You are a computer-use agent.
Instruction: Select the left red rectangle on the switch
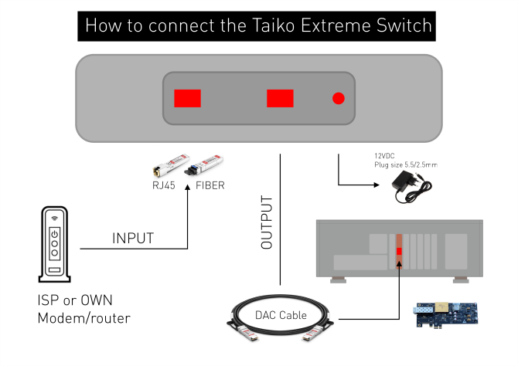(x=187, y=98)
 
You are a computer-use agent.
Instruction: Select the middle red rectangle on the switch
(x=280, y=98)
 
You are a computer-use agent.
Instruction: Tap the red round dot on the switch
(x=338, y=98)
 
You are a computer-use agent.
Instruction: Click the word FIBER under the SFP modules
(x=210, y=185)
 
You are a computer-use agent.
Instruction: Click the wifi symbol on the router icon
(x=54, y=218)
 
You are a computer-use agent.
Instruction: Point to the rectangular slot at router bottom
(x=53, y=270)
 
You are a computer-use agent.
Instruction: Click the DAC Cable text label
(x=281, y=315)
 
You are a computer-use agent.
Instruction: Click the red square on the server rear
(x=399, y=252)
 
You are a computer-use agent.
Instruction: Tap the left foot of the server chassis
(x=338, y=280)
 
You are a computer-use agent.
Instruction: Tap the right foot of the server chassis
(x=460, y=280)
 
